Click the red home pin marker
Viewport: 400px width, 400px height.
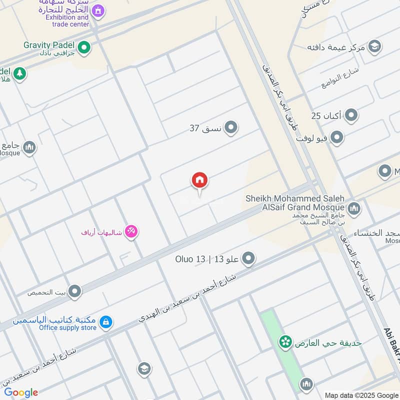(x=199, y=181)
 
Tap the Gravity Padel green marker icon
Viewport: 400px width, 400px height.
(x=84, y=48)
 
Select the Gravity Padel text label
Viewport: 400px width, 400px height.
(x=49, y=45)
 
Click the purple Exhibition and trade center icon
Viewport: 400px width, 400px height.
(x=98, y=10)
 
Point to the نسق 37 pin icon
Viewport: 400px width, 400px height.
(x=230, y=128)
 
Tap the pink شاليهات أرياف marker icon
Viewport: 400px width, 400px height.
(x=131, y=232)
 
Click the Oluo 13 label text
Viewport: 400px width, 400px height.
(x=190, y=259)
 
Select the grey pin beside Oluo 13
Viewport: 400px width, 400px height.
(x=248, y=258)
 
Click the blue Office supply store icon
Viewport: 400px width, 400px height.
(x=105, y=323)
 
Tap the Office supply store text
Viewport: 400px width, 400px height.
(x=68, y=328)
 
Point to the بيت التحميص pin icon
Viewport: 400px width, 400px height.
(x=75, y=291)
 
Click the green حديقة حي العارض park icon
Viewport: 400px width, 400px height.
(x=285, y=343)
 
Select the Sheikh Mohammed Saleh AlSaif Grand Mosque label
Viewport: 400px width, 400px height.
(x=295, y=202)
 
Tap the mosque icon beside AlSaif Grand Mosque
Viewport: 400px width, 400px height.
(x=354, y=208)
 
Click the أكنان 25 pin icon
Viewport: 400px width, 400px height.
(x=351, y=116)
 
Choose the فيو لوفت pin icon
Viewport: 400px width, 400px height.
(x=337, y=137)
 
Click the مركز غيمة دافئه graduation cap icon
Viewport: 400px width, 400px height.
(x=374, y=47)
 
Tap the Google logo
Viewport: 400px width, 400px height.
(x=21, y=392)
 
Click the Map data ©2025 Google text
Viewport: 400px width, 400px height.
(x=360, y=394)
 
